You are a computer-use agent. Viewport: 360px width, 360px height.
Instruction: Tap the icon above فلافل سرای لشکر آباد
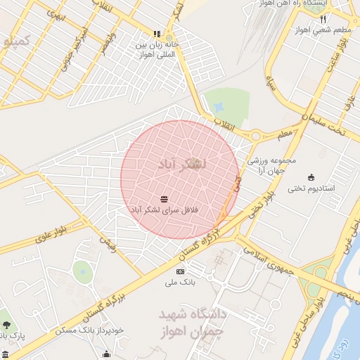click(x=164, y=199)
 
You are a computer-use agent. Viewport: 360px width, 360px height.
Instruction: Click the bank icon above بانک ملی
click(x=180, y=271)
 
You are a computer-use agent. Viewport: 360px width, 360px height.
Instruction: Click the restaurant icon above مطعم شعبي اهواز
click(x=323, y=18)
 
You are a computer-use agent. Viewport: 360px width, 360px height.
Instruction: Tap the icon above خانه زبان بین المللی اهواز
click(x=157, y=33)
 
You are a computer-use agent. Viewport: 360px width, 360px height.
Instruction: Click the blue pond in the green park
click(x=219, y=107)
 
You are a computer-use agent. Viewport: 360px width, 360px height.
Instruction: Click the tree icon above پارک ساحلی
click(x=6, y=325)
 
